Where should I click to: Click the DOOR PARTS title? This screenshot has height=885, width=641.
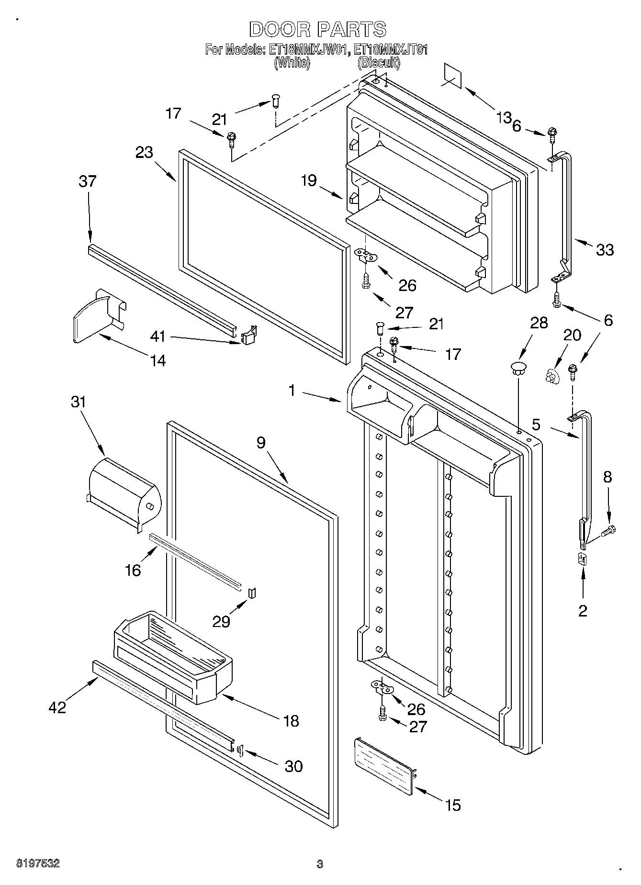point(318,29)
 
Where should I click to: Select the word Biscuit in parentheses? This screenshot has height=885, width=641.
point(378,62)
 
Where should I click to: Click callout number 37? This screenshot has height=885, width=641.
point(88,182)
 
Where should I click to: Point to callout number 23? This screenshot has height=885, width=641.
point(144,152)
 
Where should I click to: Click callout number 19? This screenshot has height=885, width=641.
point(309,180)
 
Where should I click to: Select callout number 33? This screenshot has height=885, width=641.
point(605,249)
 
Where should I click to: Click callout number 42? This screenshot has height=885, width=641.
point(57,707)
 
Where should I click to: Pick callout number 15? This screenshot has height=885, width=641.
point(452,806)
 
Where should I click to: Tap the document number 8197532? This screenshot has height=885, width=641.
point(38,863)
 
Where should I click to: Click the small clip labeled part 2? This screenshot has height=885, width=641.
point(582,559)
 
